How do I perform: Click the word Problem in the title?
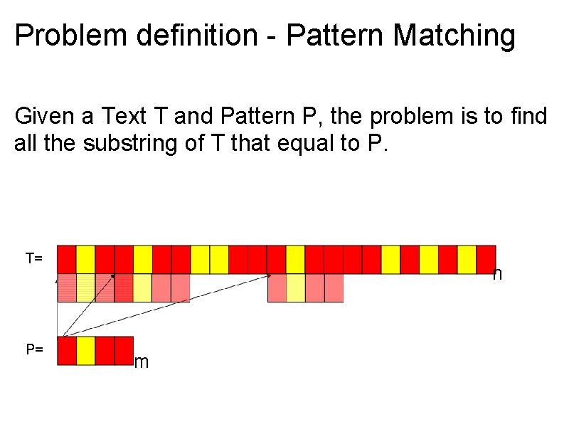[x=62, y=36]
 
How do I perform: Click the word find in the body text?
[x=526, y=116]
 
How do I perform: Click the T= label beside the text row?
[x=34, y=258]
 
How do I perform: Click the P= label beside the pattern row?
[x=34, y=349]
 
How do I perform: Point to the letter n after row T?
[x=498, y=274]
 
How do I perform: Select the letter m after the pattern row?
[x=142, y=363]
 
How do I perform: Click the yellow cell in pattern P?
[x=86, y=351]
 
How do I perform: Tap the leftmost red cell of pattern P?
[x=67, y=351]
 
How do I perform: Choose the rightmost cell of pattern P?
[x=124, y=351]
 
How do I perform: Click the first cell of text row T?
[x=67, y=259]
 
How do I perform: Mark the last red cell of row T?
[x=486, y=259]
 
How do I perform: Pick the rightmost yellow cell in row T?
[x=467, y=259]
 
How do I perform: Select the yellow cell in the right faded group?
[x=296, y=288]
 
